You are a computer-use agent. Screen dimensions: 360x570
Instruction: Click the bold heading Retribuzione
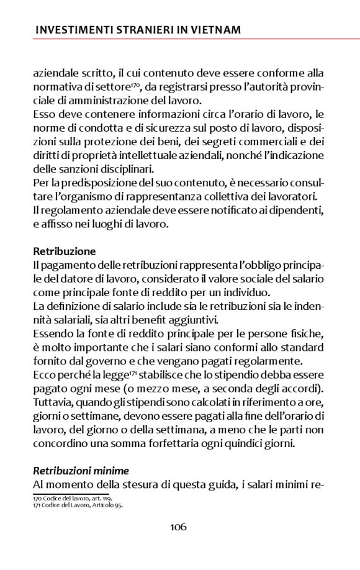coord(65,251)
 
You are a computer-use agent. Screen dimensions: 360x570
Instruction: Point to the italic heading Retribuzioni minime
coord(81,470)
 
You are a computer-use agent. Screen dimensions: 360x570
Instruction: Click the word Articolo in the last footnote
coord(99,505)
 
